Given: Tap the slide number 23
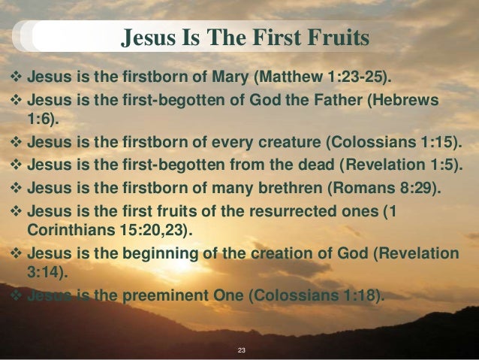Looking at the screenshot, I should [x=240, y=351].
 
